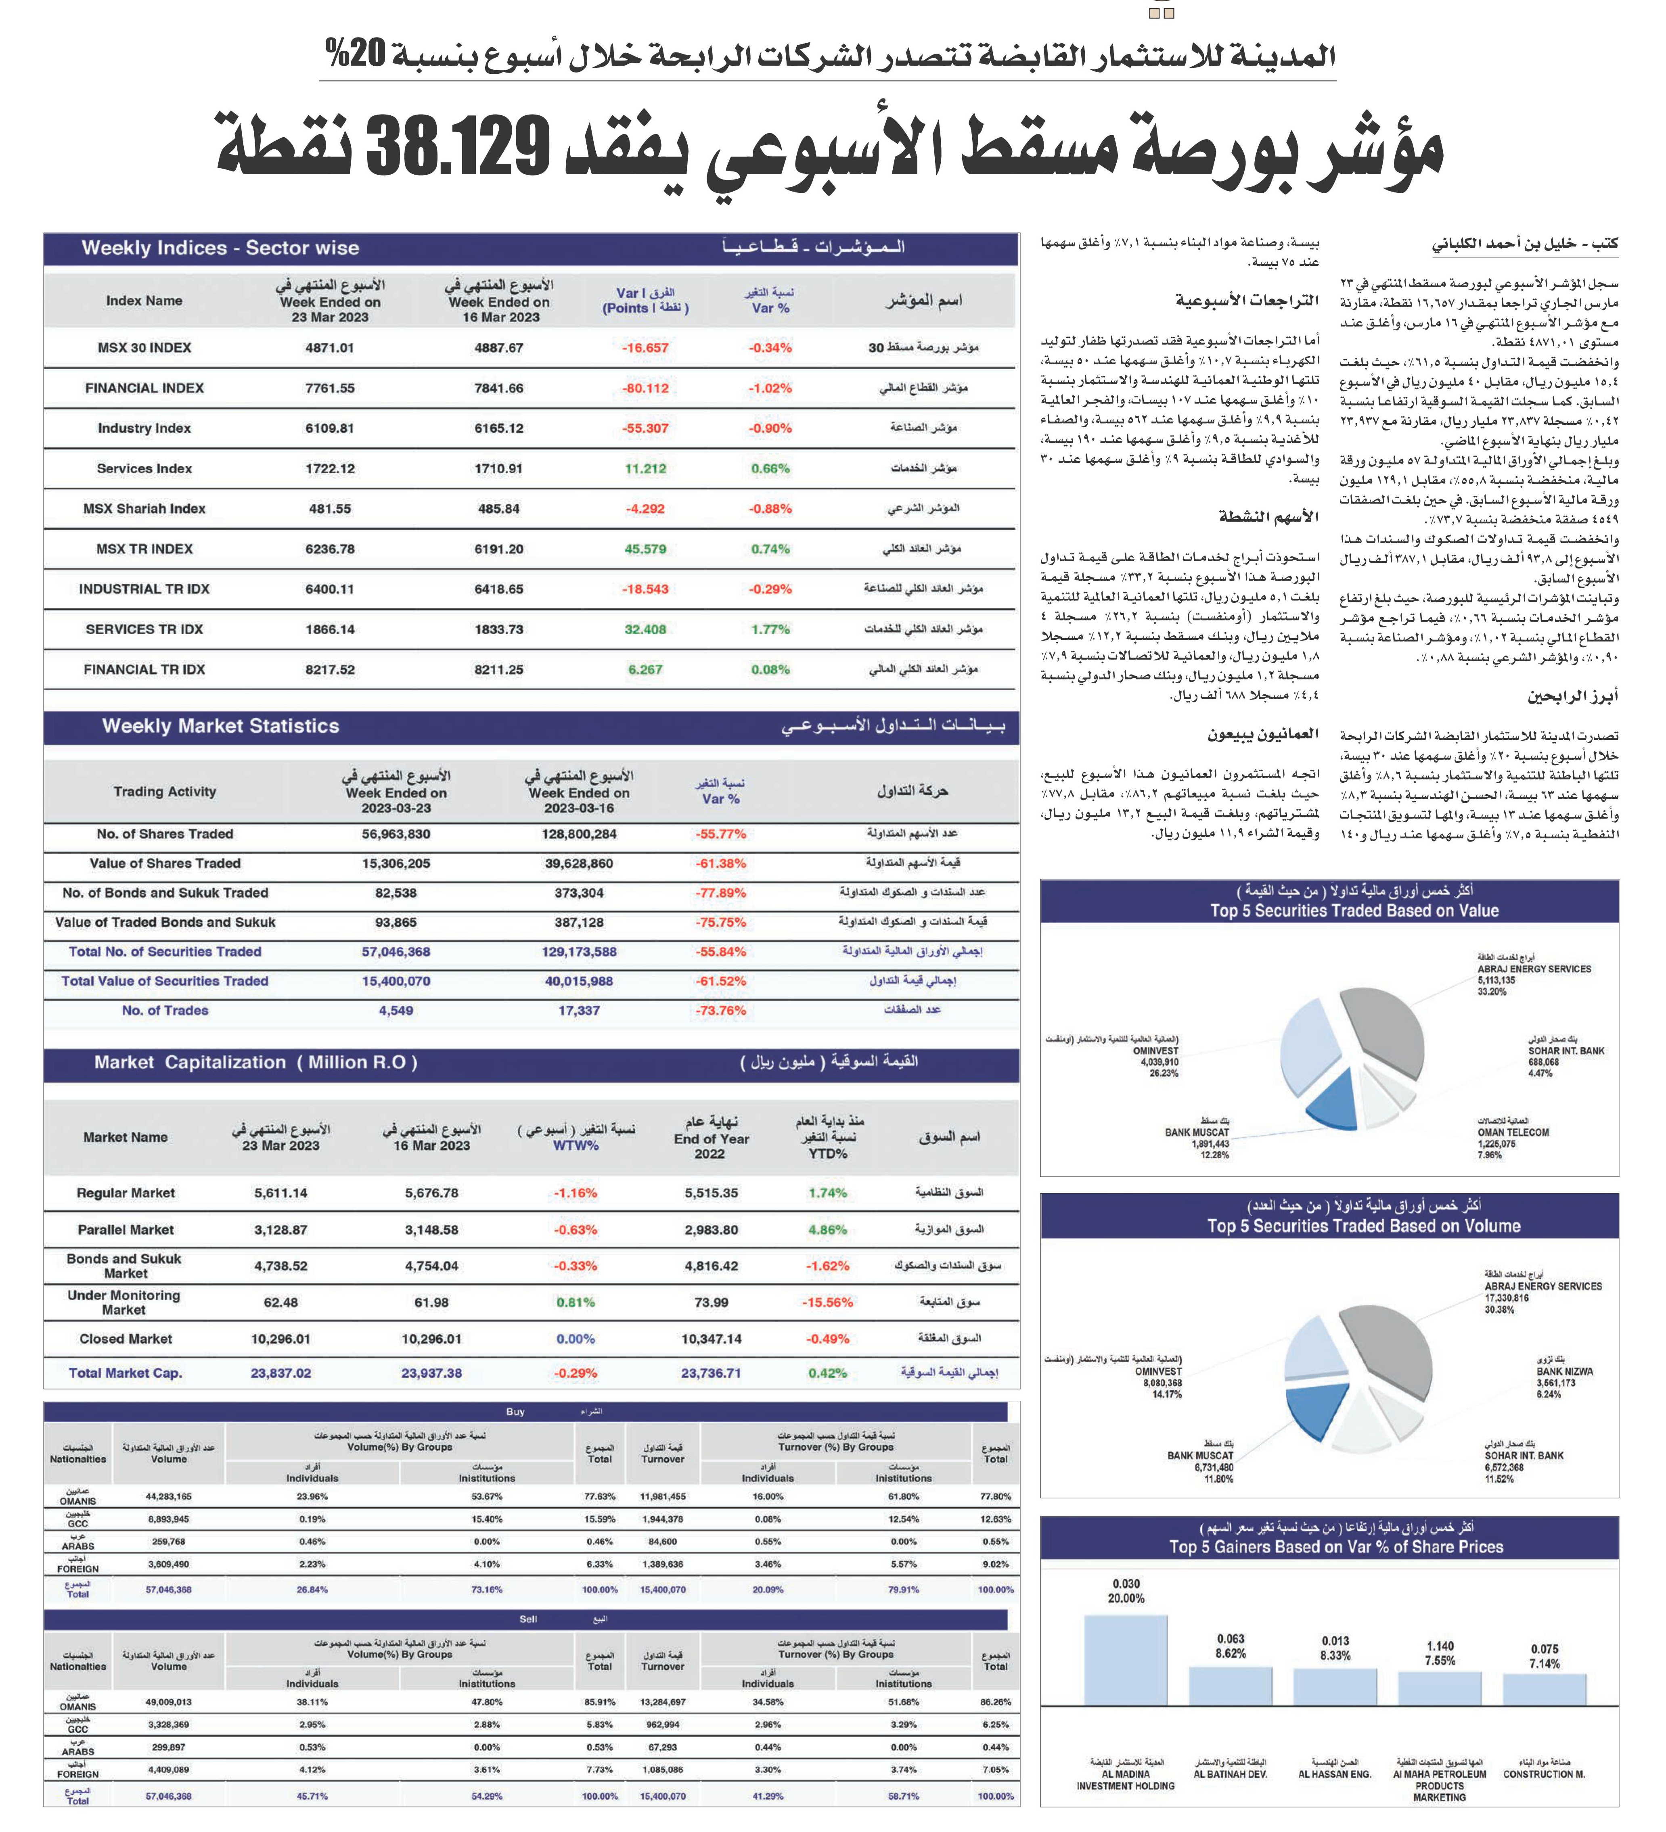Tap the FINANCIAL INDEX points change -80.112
point(645,388)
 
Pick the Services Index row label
point(144,469)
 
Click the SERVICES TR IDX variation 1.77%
point(771,629)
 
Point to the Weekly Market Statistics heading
point(221,726)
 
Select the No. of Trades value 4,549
point(396,1011)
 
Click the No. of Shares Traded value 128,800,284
point(579,834)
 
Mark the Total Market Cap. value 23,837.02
point(281,1373)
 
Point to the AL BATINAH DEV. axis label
point(1231,1774)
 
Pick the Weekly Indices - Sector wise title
point(220,248)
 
